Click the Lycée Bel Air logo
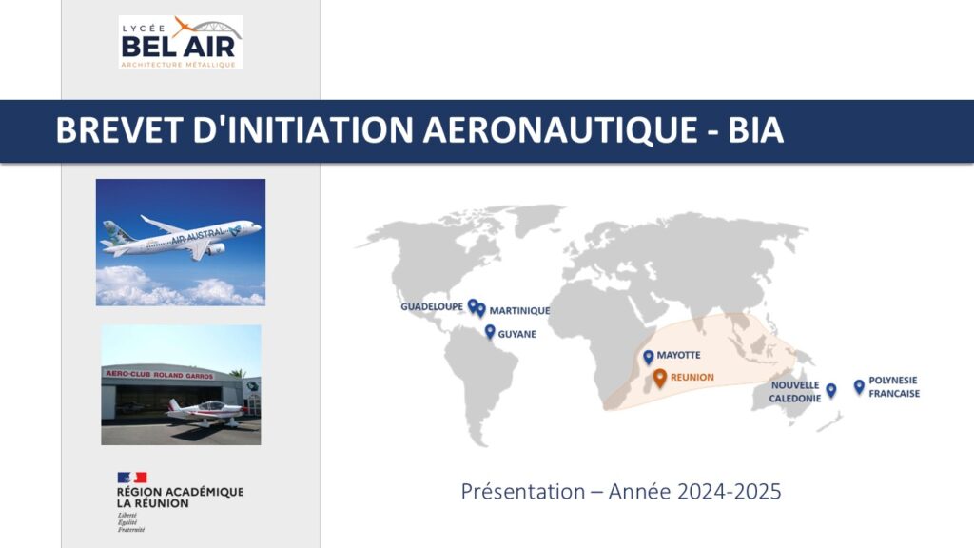click(x=180, y=42)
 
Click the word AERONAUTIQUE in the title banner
click(x=560, y=129)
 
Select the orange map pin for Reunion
click(x=660, y=378)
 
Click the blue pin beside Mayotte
click(x=648, y=357)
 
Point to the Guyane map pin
click(x=490, y=332)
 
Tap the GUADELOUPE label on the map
click(x=432, y=307)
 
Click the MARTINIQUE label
click(x=519, y=311)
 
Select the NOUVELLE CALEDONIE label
click(x=795, y=391)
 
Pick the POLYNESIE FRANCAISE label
click(x=894, y=386)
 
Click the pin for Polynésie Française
click(x=859, y=387)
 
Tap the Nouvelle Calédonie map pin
click(x=830, y=390)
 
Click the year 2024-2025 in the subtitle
click(x=730, y=492)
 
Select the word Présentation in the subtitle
click(x=523, y=492)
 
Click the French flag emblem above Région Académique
click(x=132, y=478)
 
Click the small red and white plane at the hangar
click(x=205, y=411)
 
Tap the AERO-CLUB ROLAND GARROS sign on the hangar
click(x=160, y=375)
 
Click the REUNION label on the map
click(x=692, y=377)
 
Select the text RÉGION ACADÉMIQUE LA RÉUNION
click(x=180, y=498)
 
